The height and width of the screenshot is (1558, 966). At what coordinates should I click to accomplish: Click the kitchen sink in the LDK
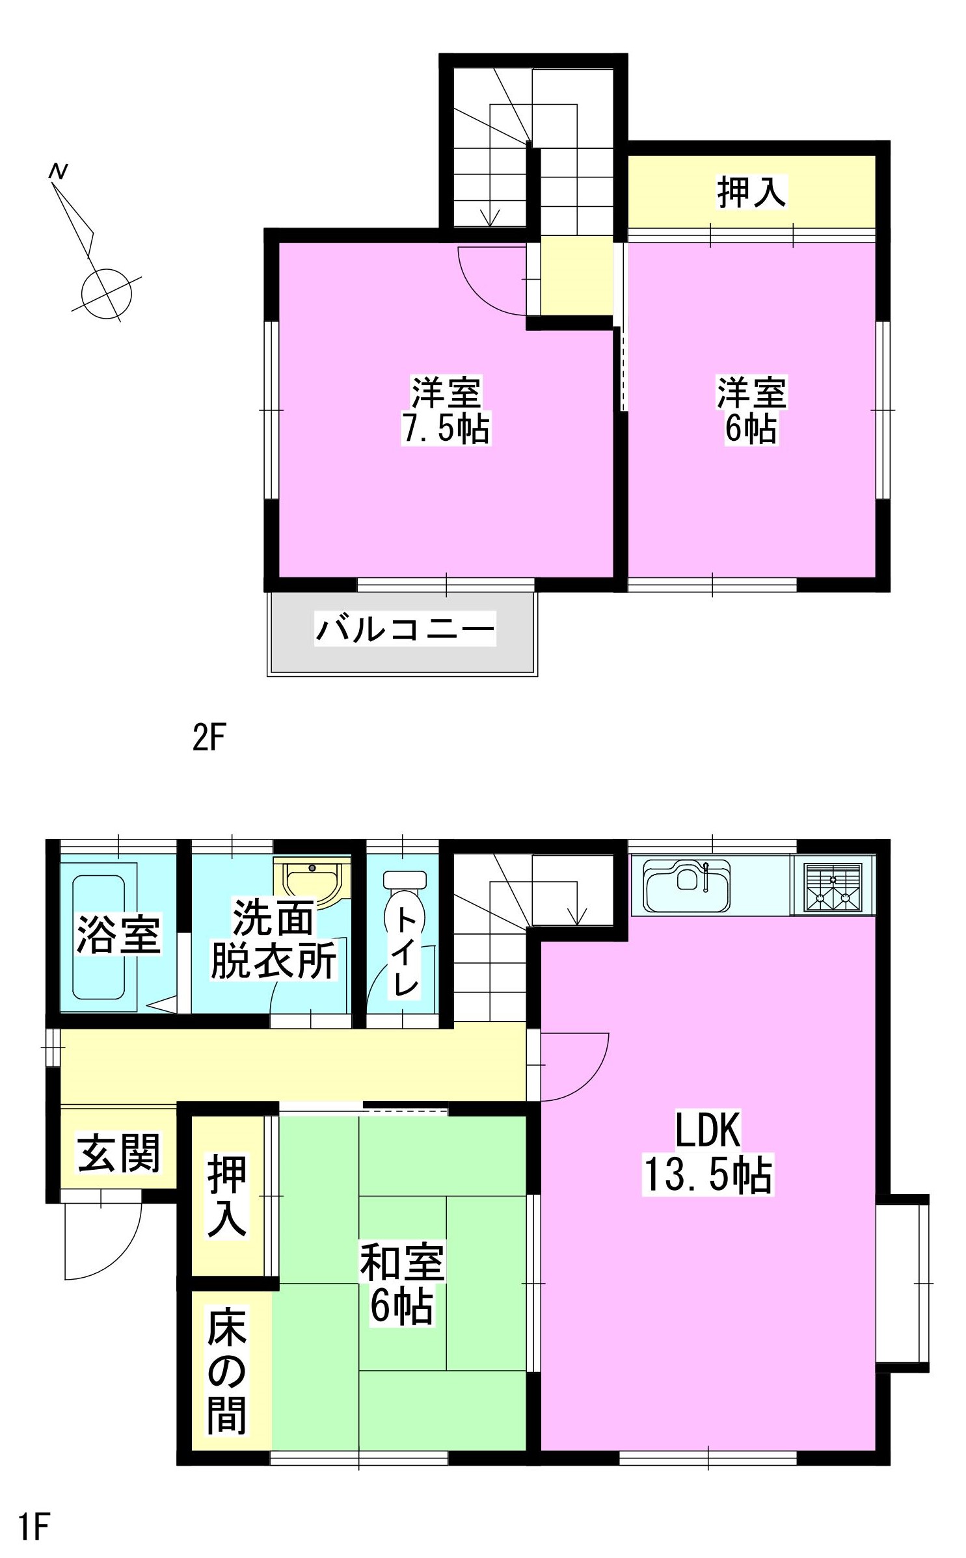tap(687, 885)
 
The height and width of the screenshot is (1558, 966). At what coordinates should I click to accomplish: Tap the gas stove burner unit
tap(833, 885)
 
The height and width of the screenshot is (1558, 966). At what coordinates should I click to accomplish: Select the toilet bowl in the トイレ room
tap(404, 909)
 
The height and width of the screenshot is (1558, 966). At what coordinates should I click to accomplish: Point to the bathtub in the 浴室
tap(98, 937)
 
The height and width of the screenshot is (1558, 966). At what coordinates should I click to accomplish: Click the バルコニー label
tap(405, 628)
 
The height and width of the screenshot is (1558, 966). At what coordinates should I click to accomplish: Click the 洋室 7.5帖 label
tap(446, 410)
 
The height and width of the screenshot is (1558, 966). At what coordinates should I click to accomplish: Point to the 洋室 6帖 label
tap(751, 410)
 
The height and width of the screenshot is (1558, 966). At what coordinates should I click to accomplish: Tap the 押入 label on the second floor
tap(751, 192)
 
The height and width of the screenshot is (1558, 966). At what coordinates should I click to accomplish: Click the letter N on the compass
tap(59, 171)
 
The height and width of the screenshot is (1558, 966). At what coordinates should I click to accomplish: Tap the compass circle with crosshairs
tap(106, 294)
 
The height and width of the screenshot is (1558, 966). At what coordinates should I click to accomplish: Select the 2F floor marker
tap(208, 737)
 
